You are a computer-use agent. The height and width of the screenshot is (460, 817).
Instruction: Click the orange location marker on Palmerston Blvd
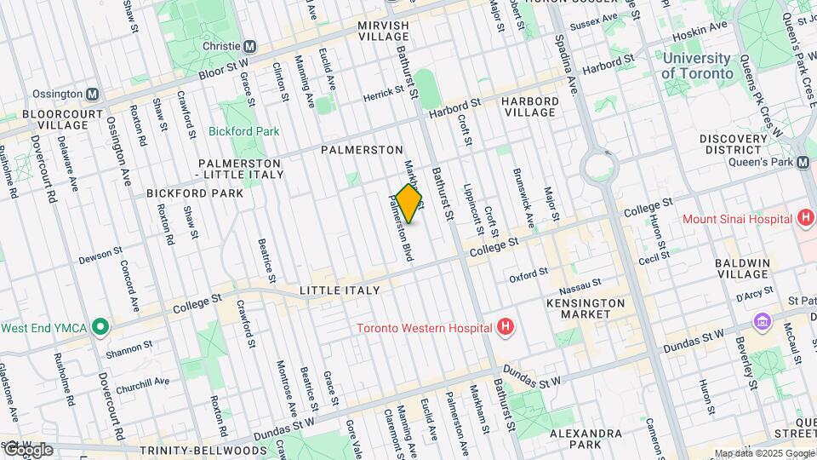[409, 204]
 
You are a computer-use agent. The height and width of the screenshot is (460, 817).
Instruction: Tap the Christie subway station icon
[250, 46]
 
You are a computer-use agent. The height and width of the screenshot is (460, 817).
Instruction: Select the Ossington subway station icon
[92, 94]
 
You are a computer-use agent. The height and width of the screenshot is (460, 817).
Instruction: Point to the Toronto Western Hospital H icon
[506, 327]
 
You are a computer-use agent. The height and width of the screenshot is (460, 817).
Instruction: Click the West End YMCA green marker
[100, 327]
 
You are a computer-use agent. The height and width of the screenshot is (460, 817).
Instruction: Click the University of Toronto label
[697, 66]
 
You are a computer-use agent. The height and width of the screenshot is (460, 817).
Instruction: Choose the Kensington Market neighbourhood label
[586, 308]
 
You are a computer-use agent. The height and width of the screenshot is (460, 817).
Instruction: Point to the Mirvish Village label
[383, 32]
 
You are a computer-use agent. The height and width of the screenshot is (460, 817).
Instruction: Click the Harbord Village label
[529, 106]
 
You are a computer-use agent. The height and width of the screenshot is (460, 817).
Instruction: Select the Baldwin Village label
[742, 268]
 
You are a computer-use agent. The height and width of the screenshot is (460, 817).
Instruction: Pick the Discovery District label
[734, 144]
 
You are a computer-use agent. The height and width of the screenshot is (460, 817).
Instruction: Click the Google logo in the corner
[28, 450]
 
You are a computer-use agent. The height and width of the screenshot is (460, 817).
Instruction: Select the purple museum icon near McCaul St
[761, 322]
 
